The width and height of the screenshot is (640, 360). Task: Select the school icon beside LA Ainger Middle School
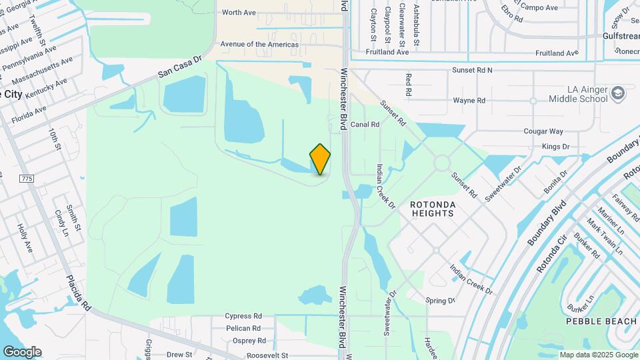tap(617, 93)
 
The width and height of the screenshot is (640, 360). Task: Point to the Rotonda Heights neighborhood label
tap(431, 209)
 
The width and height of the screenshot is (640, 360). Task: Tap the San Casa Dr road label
tap(179, 67)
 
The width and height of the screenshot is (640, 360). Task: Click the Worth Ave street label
tap(239, 12)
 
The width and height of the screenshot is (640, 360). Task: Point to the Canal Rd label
tap(365, 124)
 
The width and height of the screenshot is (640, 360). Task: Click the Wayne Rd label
tap(469, 101)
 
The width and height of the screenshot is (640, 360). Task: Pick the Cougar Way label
tap(543, 131)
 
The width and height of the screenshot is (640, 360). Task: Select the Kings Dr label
tap(555, 146)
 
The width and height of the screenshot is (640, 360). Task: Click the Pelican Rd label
tap(243, 329)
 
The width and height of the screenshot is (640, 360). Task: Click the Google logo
tap(22, 351)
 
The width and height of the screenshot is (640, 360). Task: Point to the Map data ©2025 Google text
tap(598, 355)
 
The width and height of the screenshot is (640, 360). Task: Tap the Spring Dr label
tap(440, 301)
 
